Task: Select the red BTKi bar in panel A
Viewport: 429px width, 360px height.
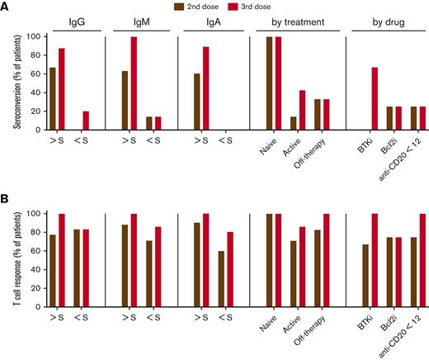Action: tap(375, 98)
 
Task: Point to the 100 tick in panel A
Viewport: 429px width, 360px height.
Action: tap(31, 36)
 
